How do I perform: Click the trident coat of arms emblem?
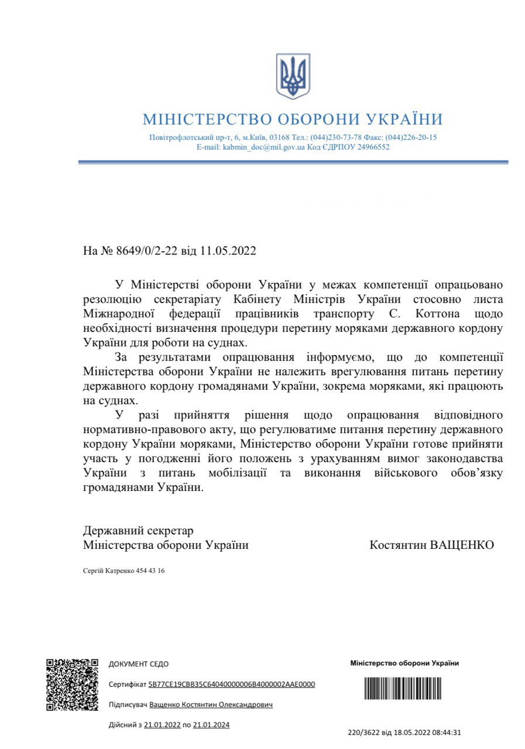click(x=293, y=76)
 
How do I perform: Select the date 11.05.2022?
click(x=228, y=251)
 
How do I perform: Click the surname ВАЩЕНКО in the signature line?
click(x=462, y=545)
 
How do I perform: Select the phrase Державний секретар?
click(x=138, y=531)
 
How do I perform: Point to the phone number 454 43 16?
click(x=150, y=571)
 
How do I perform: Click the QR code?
click(x=72, y=685)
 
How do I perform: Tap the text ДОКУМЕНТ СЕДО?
click(x=139, y=664)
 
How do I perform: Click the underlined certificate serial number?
click(x=232, y=685)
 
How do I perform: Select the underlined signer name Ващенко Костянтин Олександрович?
click(x=211, y=705)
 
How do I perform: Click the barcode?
click(x=404, y=688)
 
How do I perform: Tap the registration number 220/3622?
click(x=363, y=731)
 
